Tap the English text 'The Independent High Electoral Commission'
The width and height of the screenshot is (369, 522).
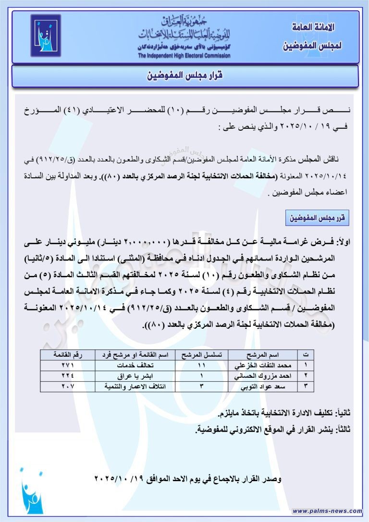tap(184, 56)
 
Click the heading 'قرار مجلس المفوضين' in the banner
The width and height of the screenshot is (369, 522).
tap(185, 76)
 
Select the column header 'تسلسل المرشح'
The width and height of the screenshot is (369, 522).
tap(201, 355)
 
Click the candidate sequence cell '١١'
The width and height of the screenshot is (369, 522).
tap(201, 365)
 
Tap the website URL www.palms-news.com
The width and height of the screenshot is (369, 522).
tap(327, 511)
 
